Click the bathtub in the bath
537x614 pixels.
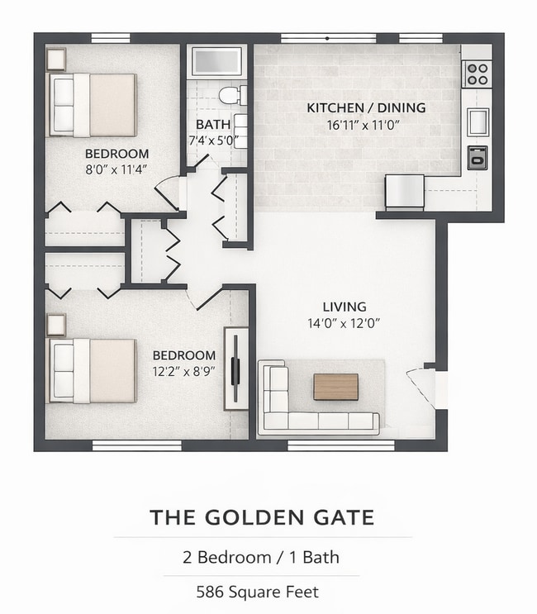(216, 61)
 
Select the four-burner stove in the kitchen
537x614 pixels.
(477, 74)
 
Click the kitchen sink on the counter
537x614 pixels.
(478, 121)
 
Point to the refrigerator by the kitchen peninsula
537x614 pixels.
(404, 192)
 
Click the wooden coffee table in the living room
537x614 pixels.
(335, 387)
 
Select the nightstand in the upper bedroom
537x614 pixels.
(55, 59)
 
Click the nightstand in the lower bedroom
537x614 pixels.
(55, 325)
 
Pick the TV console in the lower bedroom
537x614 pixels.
(236, 369)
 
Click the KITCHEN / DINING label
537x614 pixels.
(366, 108)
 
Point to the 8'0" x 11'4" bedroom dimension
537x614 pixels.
(117, 170)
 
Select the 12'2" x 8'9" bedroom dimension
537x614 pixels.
(184, 372)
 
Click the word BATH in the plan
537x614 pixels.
(207, 126)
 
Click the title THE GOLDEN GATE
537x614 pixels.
(262, 518)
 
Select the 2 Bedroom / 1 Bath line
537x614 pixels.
(261, 557)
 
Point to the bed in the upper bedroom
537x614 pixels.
(93, 105)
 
